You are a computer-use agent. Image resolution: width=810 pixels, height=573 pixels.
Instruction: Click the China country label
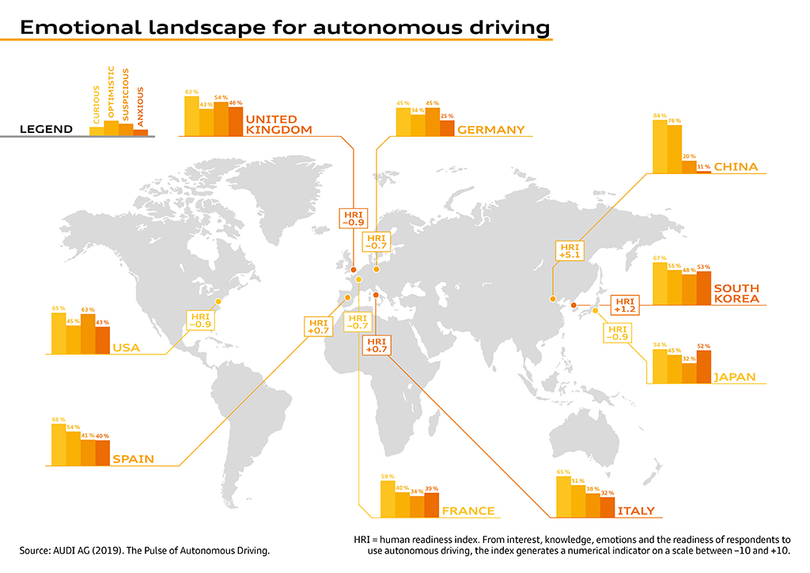(736, 167)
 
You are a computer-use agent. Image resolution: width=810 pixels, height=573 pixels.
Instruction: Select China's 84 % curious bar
(660, 147)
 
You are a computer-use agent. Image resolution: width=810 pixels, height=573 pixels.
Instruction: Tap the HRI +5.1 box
(570, 250)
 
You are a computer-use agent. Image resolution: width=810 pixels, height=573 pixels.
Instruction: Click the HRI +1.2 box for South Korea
(625, 305)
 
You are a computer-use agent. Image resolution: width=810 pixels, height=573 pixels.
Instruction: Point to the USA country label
(127, 347)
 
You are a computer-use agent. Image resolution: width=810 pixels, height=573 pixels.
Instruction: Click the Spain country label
(133, 459)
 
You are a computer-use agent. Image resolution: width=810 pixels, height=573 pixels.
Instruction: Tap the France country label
(468, 511)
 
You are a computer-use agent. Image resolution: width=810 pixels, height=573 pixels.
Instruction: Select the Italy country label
(635, 511)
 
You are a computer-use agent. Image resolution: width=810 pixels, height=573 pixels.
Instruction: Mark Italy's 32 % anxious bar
(607, 507)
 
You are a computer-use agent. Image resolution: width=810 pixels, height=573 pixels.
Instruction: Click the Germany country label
(490, 130)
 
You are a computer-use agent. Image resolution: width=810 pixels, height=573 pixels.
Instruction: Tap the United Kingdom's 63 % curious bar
(191, 116)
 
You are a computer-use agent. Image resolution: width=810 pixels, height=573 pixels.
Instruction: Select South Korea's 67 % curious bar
(660, 283)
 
